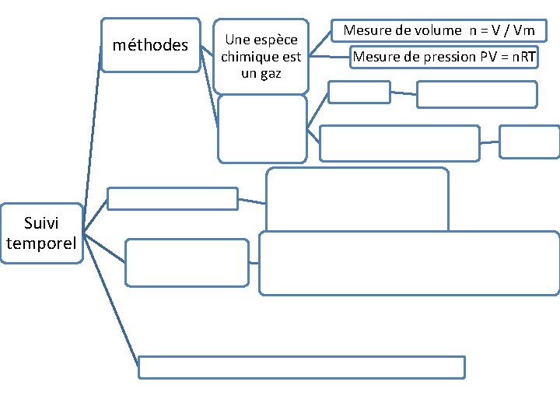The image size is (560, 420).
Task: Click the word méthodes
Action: point(150,45)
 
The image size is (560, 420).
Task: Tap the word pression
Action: point(441,57)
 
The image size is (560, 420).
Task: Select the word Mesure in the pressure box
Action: point(375,57)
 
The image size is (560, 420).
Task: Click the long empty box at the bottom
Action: point(301,366)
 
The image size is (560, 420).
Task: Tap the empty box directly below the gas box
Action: point(262,128)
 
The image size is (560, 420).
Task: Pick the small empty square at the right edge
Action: point(529,142)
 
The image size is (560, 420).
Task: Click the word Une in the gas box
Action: point(237,40)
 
